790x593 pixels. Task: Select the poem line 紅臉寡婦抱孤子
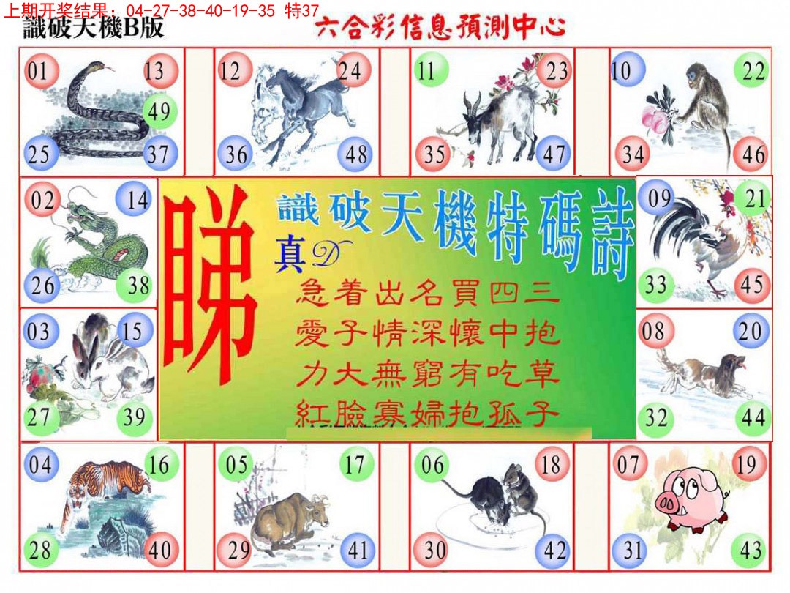(x=428, y=415)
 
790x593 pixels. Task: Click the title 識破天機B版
(x=94, y=29)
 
